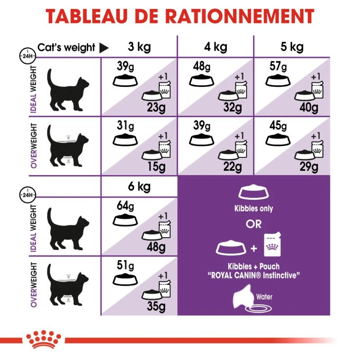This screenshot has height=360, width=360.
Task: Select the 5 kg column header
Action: tap(292, 47)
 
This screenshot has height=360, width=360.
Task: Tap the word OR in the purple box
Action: tap(254, 224)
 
